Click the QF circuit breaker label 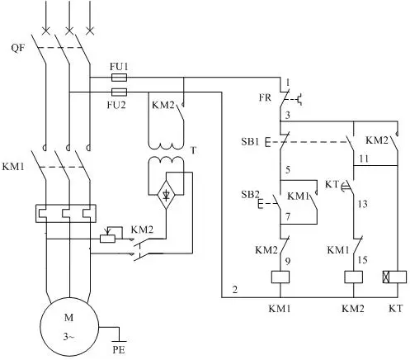coord(18,48)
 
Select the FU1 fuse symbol coord(119,78)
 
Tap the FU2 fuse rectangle coord(119,92)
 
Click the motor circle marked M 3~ coord(69,327)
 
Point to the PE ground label coord(119,350)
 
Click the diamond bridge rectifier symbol coord(166,195)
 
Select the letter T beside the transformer coord(194,151)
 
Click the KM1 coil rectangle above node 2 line coord(280,277)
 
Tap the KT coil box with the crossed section coord(394,277)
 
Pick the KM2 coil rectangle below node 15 coord(353,277)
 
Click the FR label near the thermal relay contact coord(265,97)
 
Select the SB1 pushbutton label coord(250,141)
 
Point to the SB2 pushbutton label coord(250,195)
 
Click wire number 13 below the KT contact coord(363,204)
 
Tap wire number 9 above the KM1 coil coord(288,261)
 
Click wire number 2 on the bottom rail coord(234,290)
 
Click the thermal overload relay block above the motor coord(66,213)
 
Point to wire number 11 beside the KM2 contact coord(364,159)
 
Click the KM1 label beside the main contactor coord(13,167)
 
